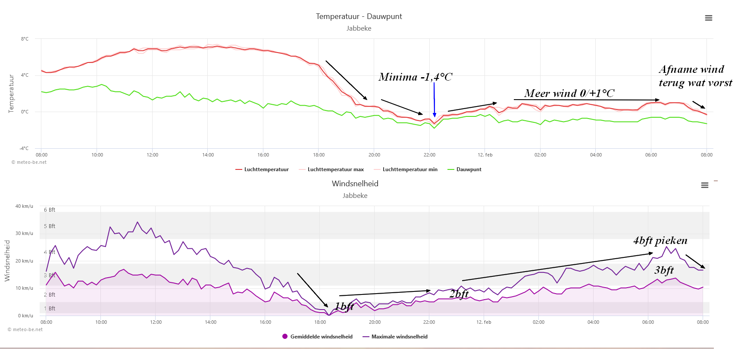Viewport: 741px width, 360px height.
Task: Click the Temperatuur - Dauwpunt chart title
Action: pos(359,16)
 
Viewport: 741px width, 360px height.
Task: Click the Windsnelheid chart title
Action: pos(355,184)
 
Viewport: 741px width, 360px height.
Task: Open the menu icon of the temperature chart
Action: pos(709,18)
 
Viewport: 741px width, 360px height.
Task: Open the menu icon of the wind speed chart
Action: pos(705,185)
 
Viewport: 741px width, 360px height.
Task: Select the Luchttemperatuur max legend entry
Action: pos(331,169)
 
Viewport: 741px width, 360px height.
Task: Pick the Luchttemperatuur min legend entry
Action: pos(406,169)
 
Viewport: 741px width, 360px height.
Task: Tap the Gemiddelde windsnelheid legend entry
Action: pos(317,337)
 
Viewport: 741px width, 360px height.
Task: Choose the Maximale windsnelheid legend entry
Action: pos(395,337)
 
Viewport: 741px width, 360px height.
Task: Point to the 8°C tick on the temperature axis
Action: pos(25,39)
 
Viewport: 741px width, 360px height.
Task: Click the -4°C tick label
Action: pos(24,148)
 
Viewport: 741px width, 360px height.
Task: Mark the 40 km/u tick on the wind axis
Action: pos(24,206)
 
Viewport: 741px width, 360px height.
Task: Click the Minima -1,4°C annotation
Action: pos(416,77)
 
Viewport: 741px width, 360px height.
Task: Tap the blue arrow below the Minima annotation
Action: pos(434,100)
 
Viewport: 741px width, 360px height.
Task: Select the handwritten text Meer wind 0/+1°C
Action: pos(569,93)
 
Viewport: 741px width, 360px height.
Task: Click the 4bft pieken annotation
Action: pos(660,241)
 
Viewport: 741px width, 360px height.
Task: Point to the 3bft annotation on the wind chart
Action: pos(664,270)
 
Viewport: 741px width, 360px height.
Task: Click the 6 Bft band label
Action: pos(50,210)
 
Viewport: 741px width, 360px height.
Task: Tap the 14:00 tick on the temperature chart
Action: pos(208,155)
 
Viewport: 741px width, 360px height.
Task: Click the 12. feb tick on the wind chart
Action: pos(484,322)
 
